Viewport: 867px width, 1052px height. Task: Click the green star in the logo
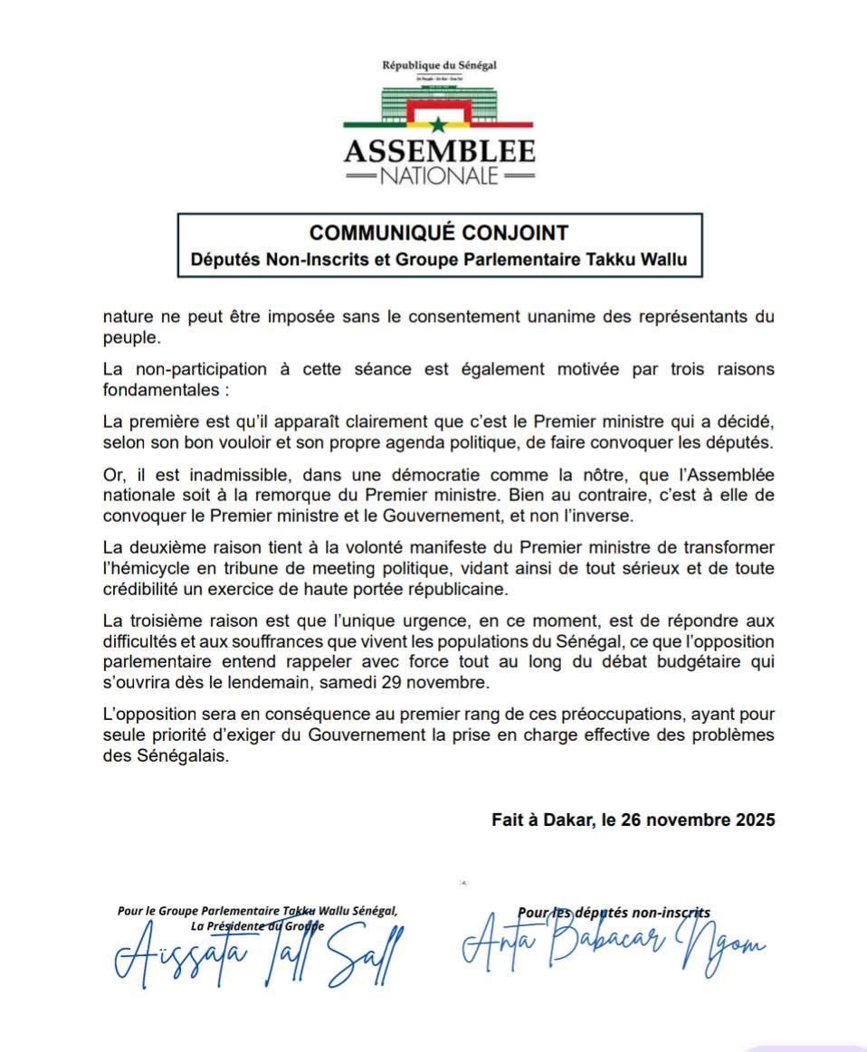coord(439,125)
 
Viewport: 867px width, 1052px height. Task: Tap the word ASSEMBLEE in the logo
coord(439,150)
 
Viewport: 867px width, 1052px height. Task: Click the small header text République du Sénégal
coord(439,65)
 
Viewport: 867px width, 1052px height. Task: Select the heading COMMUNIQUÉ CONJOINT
coord(439,233)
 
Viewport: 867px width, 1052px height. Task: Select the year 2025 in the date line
coord(755,820)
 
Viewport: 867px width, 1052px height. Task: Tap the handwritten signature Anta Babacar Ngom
coord(611,945)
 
